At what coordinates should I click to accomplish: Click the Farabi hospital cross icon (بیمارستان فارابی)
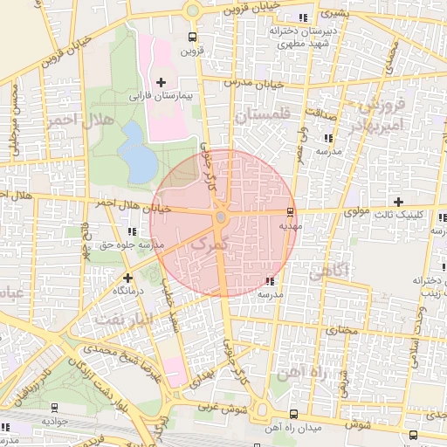tap(160, 81)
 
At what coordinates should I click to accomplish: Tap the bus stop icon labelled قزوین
tap(192, 38)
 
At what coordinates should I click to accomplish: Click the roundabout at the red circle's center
tap(222, 217)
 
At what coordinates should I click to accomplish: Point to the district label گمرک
tap(207, 245)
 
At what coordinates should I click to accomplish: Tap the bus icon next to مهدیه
tap(290, 211)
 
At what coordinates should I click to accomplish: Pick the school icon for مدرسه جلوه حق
tap(132, 231)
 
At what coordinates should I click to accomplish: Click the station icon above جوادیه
tap(56, 407)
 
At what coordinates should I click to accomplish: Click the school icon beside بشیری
tap(303, 17)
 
